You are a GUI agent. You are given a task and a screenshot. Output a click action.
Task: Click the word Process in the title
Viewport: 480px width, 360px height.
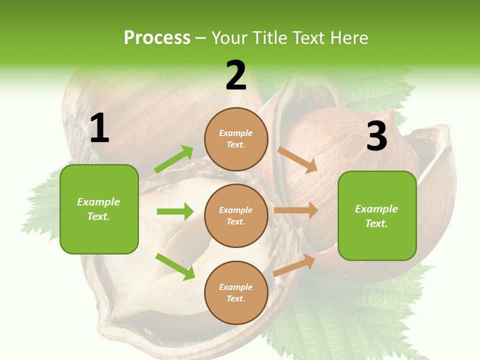tap(157, 38)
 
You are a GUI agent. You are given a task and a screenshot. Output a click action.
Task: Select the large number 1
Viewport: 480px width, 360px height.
tap(99, 128)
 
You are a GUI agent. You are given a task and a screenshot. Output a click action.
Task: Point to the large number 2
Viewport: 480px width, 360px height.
tap(236, 75)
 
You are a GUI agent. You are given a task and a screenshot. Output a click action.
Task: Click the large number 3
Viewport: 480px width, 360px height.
tap(376, 136)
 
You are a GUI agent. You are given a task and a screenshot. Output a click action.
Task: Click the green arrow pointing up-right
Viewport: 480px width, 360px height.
tap(174, 159)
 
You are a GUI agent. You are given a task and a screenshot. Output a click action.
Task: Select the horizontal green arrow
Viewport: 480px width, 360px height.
tap(175, 211)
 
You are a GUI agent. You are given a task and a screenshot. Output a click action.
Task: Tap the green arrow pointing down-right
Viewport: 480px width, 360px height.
tap(175, 266)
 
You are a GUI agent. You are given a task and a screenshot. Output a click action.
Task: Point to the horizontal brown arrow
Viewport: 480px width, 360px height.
tap(296, 210)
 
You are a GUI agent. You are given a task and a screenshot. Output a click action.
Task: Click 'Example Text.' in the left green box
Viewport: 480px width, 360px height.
tap(98, 209)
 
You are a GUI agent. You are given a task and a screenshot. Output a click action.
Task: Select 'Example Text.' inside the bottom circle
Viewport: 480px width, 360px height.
tap(236, 293)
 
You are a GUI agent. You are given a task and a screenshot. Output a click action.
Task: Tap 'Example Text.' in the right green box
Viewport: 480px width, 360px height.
tap(376, 216)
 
